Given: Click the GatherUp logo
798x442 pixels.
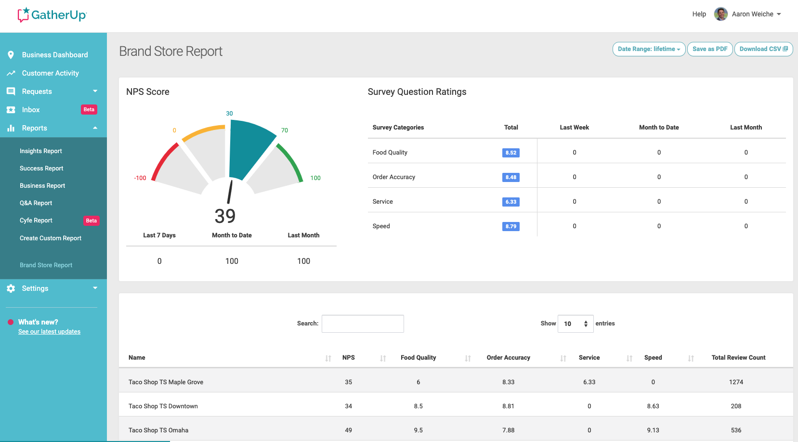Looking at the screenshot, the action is pyautogui.click(x=52, y=15).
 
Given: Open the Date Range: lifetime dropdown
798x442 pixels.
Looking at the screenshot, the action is pyautogui.click(x=649, y=49).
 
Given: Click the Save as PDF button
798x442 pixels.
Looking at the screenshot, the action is pyautogui.click(x=710, y=49).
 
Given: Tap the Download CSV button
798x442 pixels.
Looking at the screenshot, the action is pyautogui.click(x=763, y=49).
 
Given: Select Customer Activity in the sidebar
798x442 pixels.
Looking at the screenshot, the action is pyautogui.click(x=50, y=73).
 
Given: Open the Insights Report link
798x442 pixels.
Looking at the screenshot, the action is pyautogui.click(x=40, y=151).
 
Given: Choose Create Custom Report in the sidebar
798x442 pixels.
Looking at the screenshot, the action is pyautogui.click(x=50, y=238).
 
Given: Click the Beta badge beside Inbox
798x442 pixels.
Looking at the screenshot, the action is pyautogui.click(x=89, y=109).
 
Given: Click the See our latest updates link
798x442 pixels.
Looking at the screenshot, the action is pyautogui.click(x=49, y=332).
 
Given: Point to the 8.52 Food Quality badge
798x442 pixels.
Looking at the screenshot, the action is pyautogui.click(x=510, y=153).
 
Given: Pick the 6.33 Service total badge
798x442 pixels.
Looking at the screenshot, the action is pyautogui.click(x=510, y=202).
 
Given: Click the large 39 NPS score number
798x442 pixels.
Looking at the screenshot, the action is pyautogui.click(x=225, y=216).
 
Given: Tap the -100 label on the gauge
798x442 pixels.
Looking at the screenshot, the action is pyautogui.click(x=140, y=178).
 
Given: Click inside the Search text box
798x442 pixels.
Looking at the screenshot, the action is pyautogui.click(x=363, y=324).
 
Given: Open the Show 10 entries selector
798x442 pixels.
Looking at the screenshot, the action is pyautogui.click(x=576, y=324).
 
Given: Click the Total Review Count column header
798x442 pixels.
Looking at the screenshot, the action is pyautogui.click(x=738, y=358).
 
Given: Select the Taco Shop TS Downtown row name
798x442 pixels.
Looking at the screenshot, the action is pyautogui.click(x=163, y=406).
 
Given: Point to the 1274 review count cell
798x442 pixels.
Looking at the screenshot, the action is pyautogui.click(x=736, y=382).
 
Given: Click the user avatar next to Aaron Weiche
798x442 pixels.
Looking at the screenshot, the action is pyautogui.click(x=720, y=14).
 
